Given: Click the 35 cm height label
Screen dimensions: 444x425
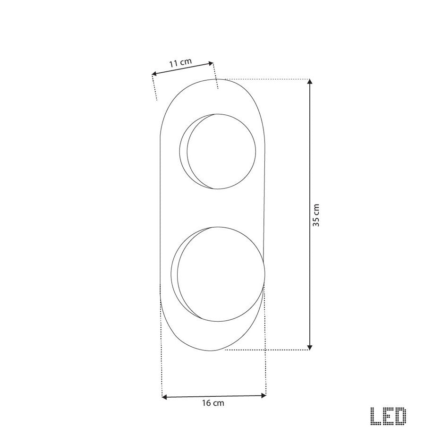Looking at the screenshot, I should point(316,215).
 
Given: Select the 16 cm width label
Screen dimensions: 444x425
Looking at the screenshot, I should point(212,403).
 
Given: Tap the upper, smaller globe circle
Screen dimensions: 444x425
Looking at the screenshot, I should point(221,152).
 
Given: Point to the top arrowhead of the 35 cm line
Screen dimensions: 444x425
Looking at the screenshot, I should point(310,83).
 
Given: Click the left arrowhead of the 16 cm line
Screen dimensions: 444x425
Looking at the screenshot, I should point(165,397).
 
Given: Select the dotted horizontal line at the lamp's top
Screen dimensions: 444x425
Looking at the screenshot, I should point(264,79).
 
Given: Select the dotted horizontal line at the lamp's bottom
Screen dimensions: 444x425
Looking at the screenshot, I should point(264,350).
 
